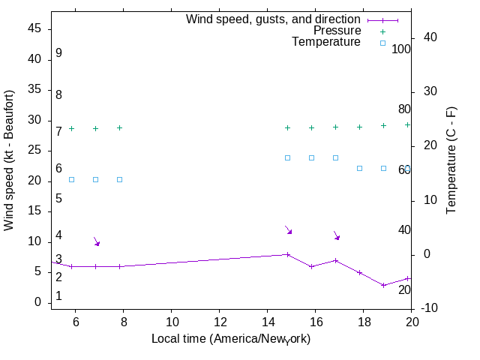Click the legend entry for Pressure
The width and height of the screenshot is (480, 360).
337,31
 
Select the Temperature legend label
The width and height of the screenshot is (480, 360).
326,42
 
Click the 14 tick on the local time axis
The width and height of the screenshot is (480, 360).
267,322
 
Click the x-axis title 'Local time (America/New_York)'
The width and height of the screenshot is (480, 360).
231,339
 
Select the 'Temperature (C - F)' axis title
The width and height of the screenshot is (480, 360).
451,160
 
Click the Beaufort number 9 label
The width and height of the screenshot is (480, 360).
58,53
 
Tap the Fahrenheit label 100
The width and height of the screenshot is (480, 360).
402,49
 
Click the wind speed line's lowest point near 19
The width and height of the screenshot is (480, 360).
383,285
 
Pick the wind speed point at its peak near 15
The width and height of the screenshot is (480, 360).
287,254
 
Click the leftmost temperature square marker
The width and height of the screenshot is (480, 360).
71,179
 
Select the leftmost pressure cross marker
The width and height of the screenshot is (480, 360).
71,128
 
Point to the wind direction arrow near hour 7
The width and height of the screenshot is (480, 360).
96,241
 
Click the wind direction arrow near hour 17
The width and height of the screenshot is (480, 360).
337,235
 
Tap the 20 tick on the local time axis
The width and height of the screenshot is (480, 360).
411,322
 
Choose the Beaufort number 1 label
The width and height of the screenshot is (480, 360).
58,296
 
